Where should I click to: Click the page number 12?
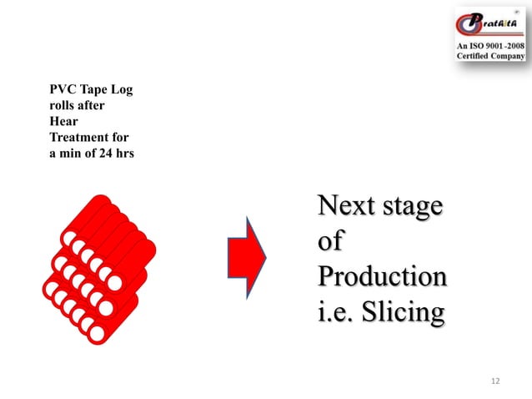pyautogui.click(x=495, y=381)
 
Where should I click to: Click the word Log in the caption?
pyautogui.click(x=120, y=91)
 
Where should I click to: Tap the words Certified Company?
pyautogui.click(x=490, y=55)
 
